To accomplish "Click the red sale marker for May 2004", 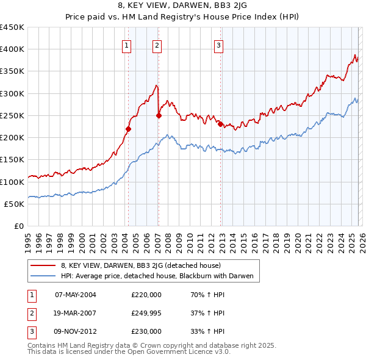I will point(128,129).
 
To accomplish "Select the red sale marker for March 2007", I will point(159,115).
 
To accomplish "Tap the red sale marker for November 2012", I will point(220,124).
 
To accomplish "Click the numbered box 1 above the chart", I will point(126,45).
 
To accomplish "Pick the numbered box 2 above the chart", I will point(157,45).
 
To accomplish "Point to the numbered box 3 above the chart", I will point(218,45).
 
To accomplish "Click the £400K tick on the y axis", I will point(12,49).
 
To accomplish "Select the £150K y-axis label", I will point(12,160).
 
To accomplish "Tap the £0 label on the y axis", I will point(18,226).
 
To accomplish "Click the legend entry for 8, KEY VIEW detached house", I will point(145,265).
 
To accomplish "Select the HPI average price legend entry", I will point(160,276).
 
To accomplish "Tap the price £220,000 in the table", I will point(146,295).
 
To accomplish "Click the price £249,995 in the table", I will point(146,313).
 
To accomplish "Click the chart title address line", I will point(183,6).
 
